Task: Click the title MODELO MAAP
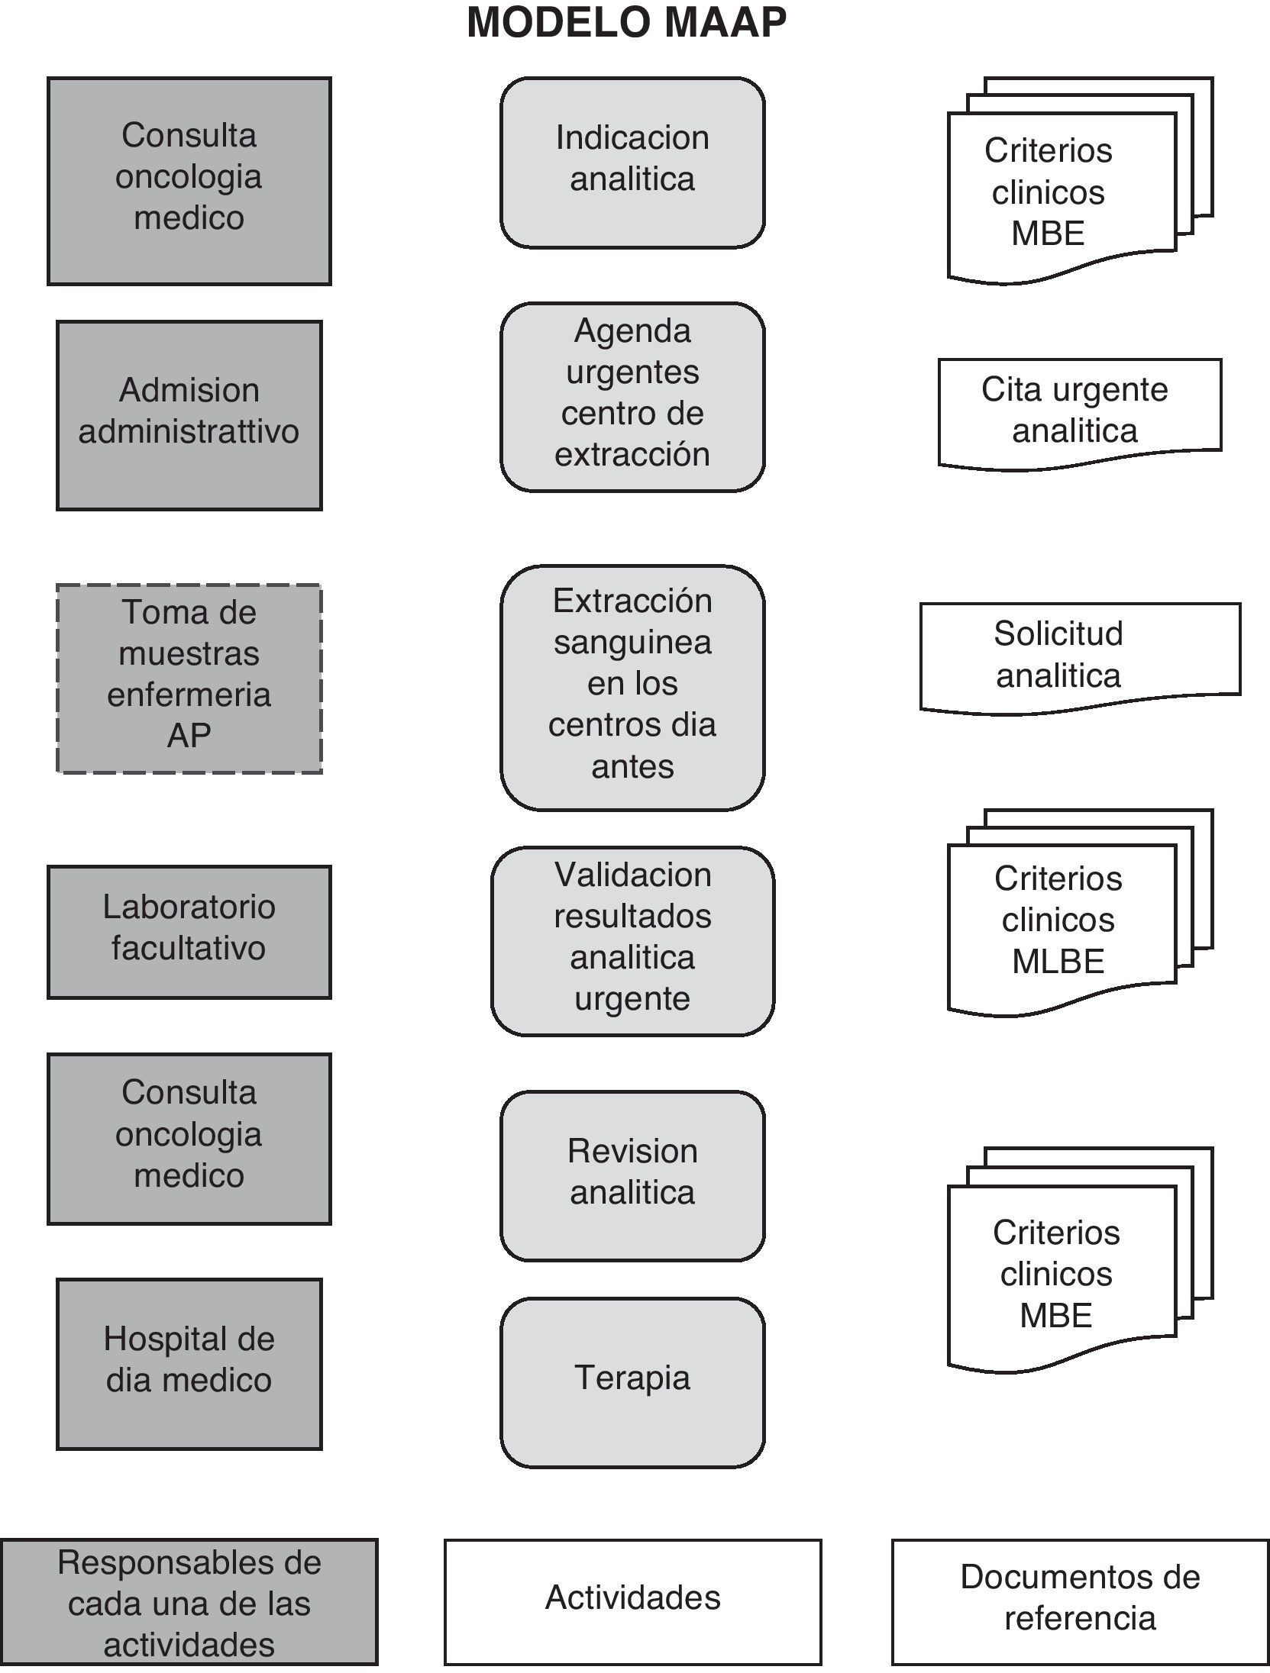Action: (x=626, y=23)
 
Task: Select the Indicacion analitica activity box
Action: (x=632, y=162)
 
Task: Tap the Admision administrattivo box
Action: (x=189, y=414)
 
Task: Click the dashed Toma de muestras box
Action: (x=189, y=679)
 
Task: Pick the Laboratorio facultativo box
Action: (x=189, y=931)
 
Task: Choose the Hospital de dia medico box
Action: (x=189, y=1364)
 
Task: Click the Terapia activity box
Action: (x=632, y=1382)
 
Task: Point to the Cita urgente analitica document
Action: (x=1078, y=411)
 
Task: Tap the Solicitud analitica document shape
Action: (x=1078, y=655)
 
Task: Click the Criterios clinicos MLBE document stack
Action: (x=1062, y=920)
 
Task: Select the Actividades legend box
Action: (x=632, y=1601)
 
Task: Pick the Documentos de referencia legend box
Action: (x=1080, y=1601)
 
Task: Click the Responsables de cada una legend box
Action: (x=189, y=1601)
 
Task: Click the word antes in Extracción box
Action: (x=632, y=766)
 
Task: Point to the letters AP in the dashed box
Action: (x=189, y=735)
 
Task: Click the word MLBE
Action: (x=1058, y=962)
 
